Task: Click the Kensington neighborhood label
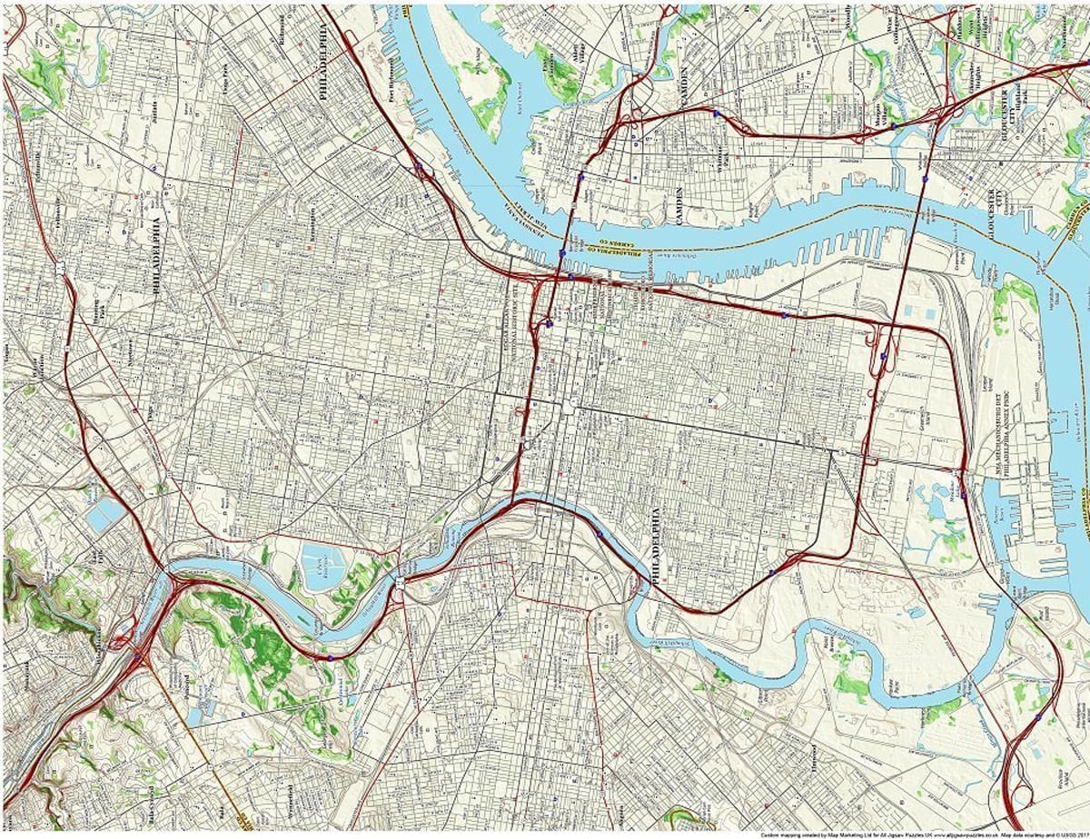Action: [x=312, y=221]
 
